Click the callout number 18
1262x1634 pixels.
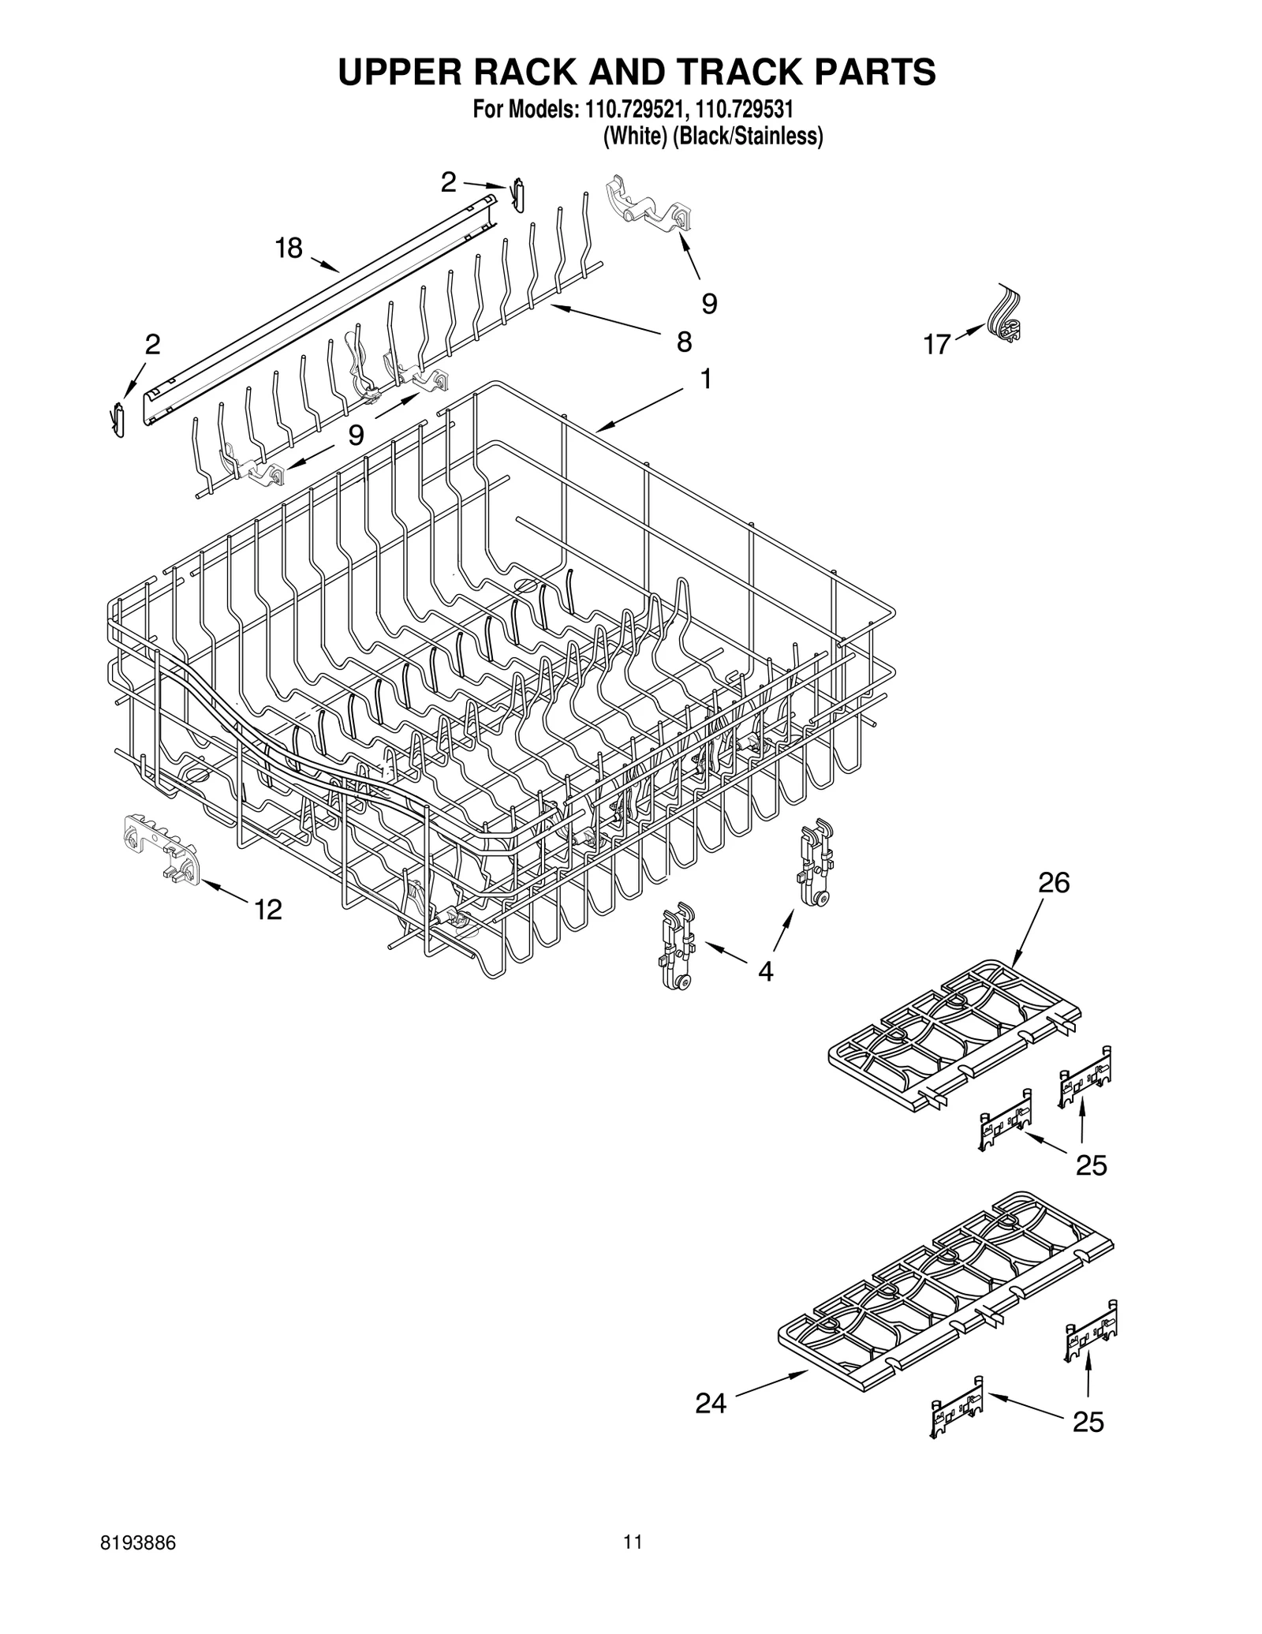point(289,248)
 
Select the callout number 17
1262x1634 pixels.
point(936,345)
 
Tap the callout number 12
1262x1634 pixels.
point(268,910)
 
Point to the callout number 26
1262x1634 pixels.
point(1054,883)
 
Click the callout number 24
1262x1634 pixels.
point(711,1403)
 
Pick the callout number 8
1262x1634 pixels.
point(684,342)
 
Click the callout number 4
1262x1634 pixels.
point(765,970)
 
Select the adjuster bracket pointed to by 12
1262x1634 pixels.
point(162,849)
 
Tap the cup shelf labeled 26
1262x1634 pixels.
point(954,1034)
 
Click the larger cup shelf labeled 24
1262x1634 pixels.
point(946,1294)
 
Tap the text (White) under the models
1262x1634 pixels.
point(632,136)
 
